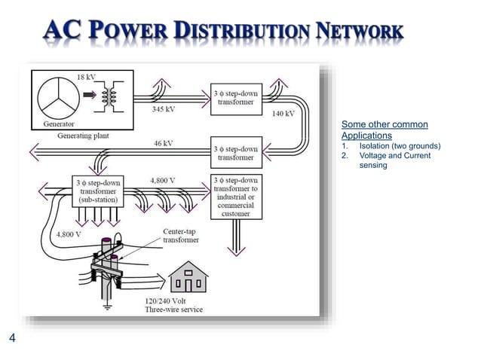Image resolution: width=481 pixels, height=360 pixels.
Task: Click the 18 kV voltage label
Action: [86, 78]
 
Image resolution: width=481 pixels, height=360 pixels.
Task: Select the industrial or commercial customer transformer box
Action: [236, 197]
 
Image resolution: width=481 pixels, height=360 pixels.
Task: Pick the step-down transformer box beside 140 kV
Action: [236, 97]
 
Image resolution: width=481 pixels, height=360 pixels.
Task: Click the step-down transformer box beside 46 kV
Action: [236, 153]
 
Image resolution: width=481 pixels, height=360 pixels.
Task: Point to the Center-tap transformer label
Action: [181, 236]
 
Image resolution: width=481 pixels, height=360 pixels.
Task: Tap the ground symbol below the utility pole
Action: [108, 307]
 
